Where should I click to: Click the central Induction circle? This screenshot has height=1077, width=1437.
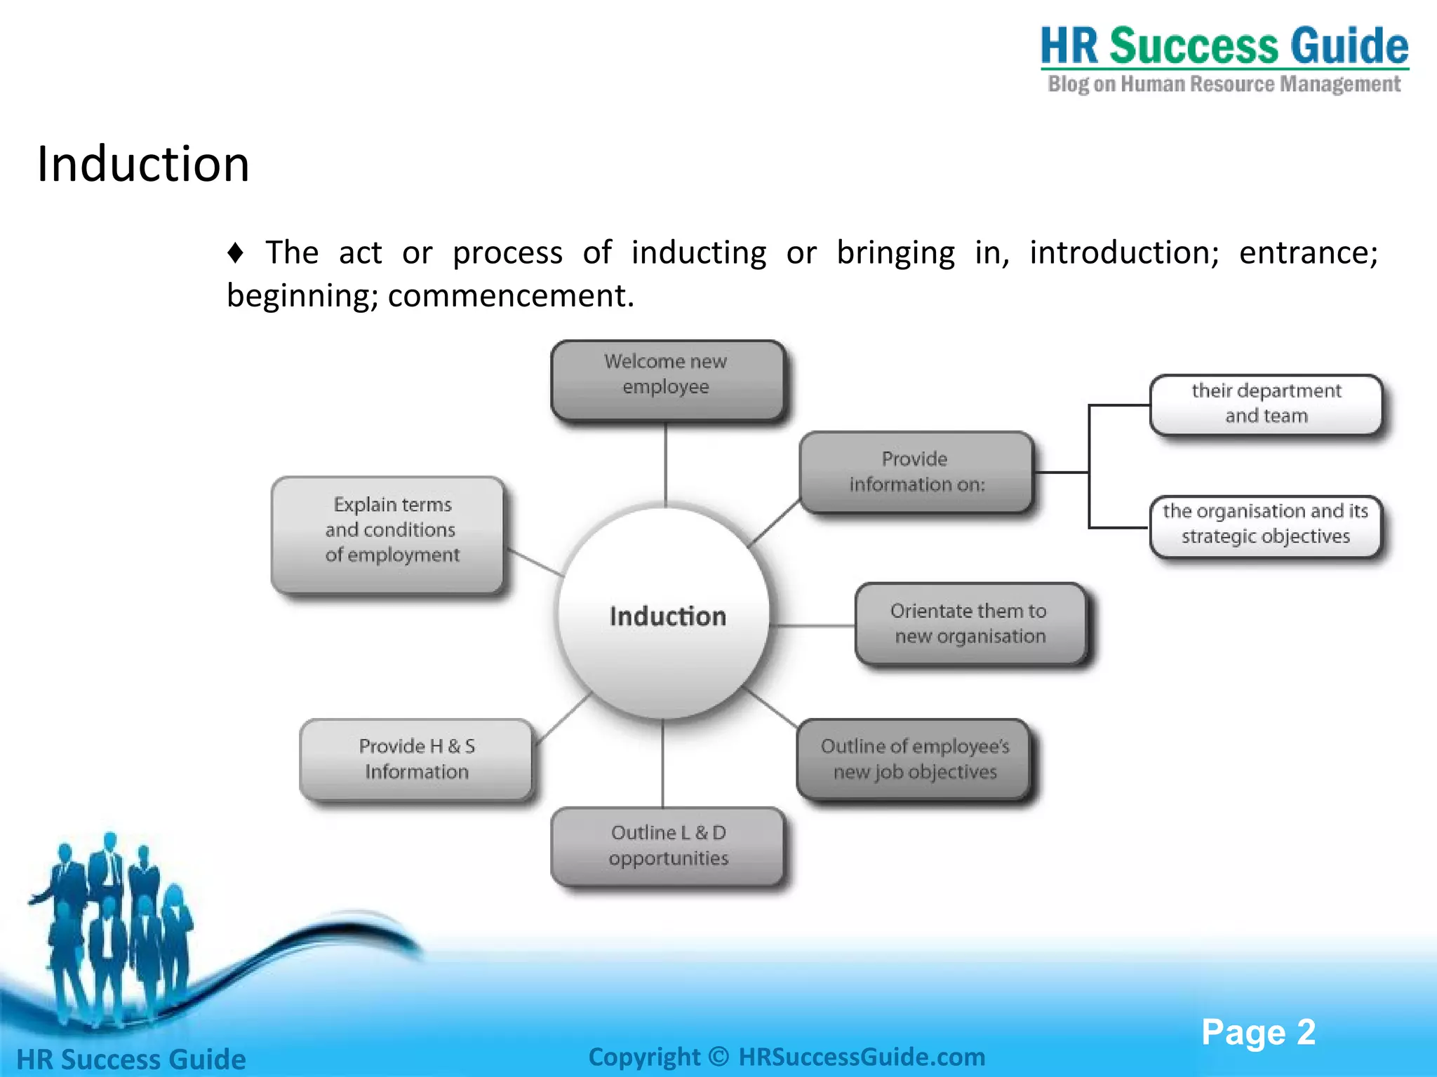point(664,614)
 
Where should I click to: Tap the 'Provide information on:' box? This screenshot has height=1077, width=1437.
point(916,472)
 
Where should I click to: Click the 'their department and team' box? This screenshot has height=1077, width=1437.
point(1266,404)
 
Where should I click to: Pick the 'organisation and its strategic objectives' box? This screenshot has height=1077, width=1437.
point(1265,524)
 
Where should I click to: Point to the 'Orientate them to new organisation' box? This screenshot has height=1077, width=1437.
point(970,623)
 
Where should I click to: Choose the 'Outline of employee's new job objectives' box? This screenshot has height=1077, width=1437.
point(914,759)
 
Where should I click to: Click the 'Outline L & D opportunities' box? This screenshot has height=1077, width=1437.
point(667,846)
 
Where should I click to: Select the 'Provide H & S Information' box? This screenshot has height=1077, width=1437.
point(416,759)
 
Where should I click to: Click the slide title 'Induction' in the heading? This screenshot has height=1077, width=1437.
point(143,164)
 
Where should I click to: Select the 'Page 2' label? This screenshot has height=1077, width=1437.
point(1257,1032)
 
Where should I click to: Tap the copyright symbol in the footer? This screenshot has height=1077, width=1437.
point(718,1057)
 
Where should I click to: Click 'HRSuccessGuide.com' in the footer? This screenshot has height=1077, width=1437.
point(862,1057)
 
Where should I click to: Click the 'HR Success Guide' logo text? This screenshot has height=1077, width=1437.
point(1224,46)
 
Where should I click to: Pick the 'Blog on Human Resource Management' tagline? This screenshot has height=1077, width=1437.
point(1224,85)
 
